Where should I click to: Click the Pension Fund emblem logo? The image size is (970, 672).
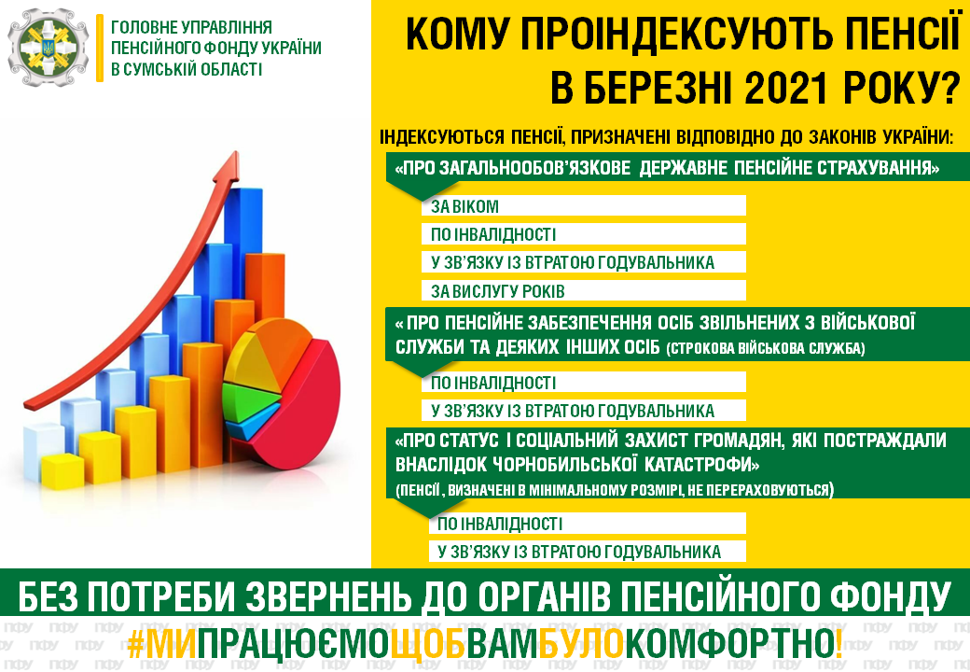[x=48, y=47]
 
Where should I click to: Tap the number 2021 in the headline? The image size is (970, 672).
[x=786, y=89]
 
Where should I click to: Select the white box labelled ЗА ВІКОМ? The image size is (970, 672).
[x=583, y=206]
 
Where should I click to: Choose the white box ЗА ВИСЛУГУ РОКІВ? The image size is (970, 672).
[x=583, y=291]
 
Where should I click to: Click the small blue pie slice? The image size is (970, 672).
[x=253, y=423]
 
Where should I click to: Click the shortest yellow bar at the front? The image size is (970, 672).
[x=62, y=472]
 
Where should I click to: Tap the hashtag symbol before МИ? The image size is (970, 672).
[x=136, y=644]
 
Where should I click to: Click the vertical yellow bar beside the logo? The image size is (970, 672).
[x=100, y=49]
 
